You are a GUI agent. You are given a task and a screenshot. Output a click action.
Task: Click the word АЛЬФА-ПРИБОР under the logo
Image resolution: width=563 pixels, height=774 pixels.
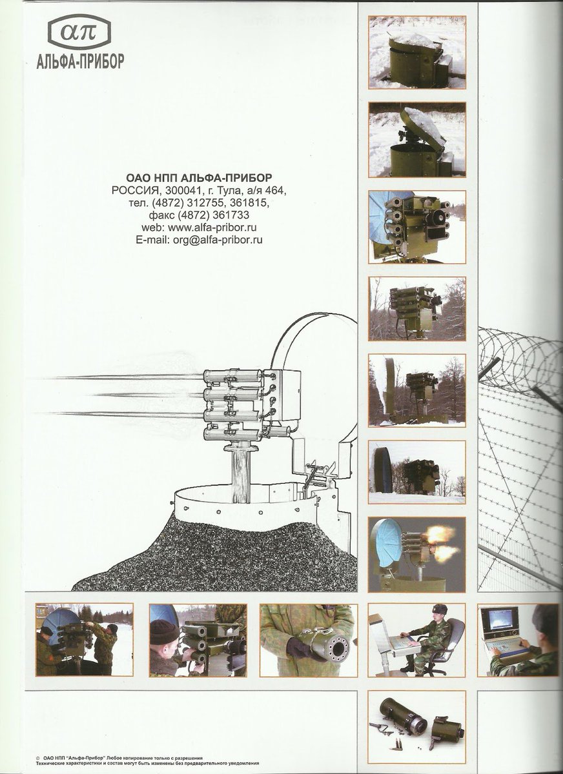click(x=80, y=62)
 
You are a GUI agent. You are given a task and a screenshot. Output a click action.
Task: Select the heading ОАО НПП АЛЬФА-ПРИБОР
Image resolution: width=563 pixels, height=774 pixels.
click(x=199, y=178)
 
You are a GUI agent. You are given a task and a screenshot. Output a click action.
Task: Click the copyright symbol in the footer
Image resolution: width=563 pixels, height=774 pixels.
click(x=37, y=756)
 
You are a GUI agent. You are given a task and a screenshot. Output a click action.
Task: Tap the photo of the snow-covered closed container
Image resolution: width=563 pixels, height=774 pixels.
click(x=417, y=53)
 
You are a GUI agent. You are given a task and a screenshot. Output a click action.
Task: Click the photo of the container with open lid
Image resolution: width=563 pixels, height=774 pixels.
click(x=417, y=140)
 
